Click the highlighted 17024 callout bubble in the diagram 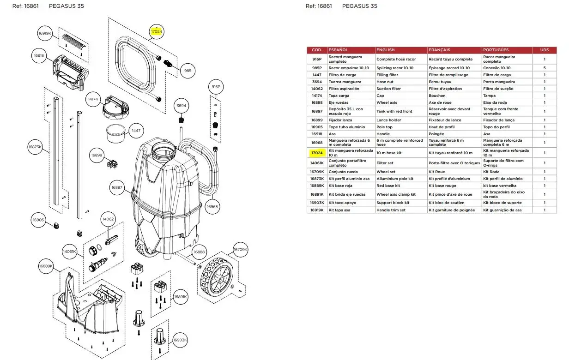[157, 32]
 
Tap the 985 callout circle [188, 71]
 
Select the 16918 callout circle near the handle [39, 55]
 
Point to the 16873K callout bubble [35, 147]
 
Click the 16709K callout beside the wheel [240, 250]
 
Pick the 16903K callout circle [180, 340]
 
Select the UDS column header [544, 50]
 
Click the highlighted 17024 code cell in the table [317, 153]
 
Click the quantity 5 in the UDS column [544, 68]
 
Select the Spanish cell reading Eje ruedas [339, 102]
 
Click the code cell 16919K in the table [317, 210]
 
